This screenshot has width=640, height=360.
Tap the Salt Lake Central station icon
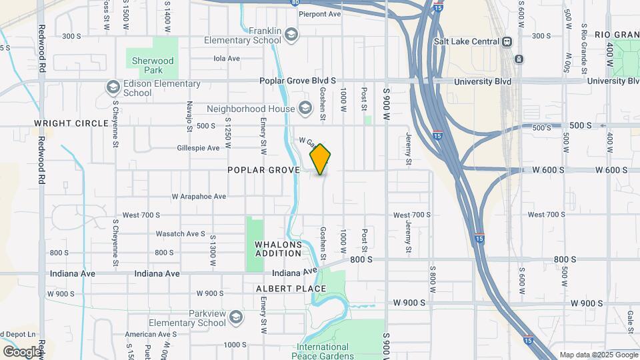(507, 41)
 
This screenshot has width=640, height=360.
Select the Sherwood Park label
(153, 65)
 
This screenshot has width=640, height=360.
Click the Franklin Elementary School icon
(291, 33)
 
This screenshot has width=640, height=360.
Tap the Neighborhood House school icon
(305, 108)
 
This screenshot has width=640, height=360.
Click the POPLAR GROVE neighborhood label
(264, 170)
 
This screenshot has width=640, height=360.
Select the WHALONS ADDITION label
(279, 249)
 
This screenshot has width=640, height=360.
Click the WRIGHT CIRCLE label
(71, 123)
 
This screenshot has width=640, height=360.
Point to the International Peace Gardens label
(323, 351)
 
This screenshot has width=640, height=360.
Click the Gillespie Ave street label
(199, 148)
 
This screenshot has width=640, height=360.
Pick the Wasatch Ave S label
(180, 234)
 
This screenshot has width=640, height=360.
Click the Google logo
(22, 351)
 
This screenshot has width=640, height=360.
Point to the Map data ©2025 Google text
(598, 355)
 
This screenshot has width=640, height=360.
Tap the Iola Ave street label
(226, 58)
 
